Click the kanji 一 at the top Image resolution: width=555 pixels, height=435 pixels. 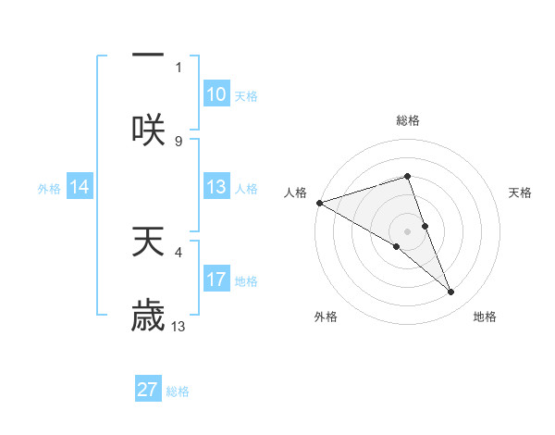point(148,55)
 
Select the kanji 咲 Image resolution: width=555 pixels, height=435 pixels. point(148,129)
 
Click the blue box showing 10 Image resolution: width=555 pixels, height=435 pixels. point(216,94)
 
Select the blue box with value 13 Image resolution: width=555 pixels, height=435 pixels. point(216,187)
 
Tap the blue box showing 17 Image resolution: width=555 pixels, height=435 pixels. point(216,280)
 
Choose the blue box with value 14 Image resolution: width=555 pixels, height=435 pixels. point(80,187)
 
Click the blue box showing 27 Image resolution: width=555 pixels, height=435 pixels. point(148,390)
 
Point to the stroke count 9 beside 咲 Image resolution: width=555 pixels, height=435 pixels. point(179,141)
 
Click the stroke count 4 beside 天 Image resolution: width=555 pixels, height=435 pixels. point(179,250)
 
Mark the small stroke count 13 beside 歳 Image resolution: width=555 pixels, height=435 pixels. point(179,326)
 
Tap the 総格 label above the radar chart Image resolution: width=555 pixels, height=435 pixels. point(407,120)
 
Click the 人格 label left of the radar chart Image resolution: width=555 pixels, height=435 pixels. point(295,193)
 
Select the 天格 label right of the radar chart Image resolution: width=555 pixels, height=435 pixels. point(521,193)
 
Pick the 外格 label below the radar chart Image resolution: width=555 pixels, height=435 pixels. point(326,317)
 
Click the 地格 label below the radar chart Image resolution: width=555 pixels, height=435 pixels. point(485,317)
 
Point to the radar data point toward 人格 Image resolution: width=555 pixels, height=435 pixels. point(319,203)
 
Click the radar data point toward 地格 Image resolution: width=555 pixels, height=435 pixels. point(451,292)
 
